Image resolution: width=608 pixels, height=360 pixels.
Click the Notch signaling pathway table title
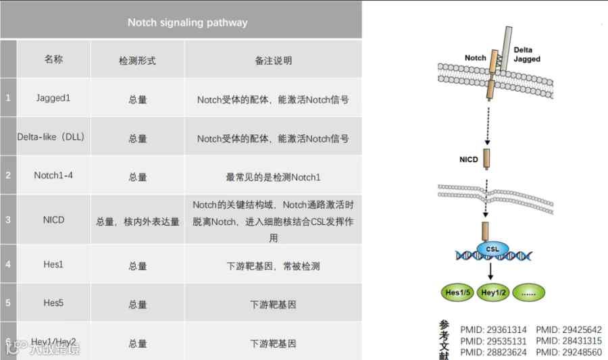coord(187,22)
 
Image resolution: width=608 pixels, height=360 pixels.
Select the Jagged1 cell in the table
coord(53,99)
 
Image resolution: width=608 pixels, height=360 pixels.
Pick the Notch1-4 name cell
coord(53,176)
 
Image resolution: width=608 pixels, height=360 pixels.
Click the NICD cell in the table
coord(53,220)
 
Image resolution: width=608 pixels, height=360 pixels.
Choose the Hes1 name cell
coord(53,265)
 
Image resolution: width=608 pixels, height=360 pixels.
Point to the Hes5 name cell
coord(53,303)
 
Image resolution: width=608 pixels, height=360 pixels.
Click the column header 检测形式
coord(137,60)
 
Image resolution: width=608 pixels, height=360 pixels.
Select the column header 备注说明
coord(273,60)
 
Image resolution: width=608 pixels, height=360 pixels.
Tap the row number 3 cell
coord(8,220)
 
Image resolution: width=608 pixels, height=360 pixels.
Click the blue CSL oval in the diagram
coord(492,249)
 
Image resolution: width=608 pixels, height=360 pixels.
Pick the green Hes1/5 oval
coord(459,292)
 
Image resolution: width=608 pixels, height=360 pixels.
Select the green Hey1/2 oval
coord(493,292)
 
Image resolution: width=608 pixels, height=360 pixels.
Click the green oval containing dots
coord(528,292)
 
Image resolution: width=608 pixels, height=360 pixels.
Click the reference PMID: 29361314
coord(493,330)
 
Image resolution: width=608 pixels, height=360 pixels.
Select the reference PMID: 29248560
coord(569,352)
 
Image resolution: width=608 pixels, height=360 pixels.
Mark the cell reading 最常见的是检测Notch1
coord(273,177)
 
